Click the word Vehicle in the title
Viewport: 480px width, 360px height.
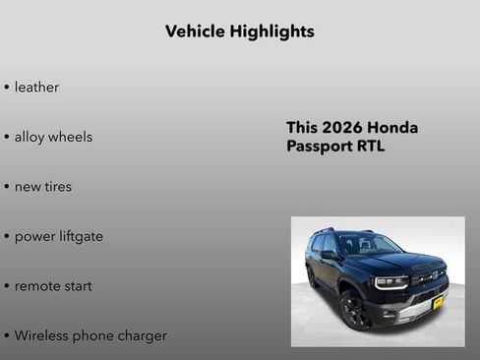pos(195,31)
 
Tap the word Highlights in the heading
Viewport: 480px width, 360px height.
pos(271,31)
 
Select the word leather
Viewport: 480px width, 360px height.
pos(36,88)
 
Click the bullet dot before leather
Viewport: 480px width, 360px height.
pos(7,88)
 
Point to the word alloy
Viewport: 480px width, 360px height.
pos(30,137)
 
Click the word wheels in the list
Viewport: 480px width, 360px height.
pos(71,137)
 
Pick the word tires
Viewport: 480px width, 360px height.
pos(58,187)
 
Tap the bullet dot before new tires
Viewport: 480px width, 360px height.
pos(7,187)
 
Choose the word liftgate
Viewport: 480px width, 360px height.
pos(80,236)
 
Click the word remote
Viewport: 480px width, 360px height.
pos(37,286)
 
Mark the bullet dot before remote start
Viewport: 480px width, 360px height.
pos(7,286)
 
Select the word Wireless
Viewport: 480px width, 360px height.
pos(44,335)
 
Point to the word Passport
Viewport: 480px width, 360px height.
pos(321,147)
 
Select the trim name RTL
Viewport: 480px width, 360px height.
pos(372,147)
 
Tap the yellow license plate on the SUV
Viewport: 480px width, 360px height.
pos(438,302)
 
